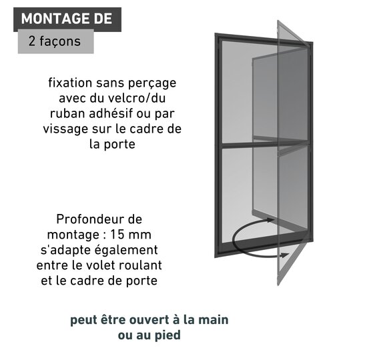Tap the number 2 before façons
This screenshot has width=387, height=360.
click(32, 41)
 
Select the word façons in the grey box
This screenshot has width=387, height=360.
click(60, 41)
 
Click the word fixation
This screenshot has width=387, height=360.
click(70, 83)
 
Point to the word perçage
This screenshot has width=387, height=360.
click(152, 84)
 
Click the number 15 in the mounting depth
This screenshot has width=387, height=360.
click(117, 235)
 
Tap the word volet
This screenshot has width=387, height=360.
click(101, 265)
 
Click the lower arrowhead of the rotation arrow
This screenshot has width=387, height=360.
click(284, 255)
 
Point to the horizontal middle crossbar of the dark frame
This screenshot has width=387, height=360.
click(265, 144)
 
